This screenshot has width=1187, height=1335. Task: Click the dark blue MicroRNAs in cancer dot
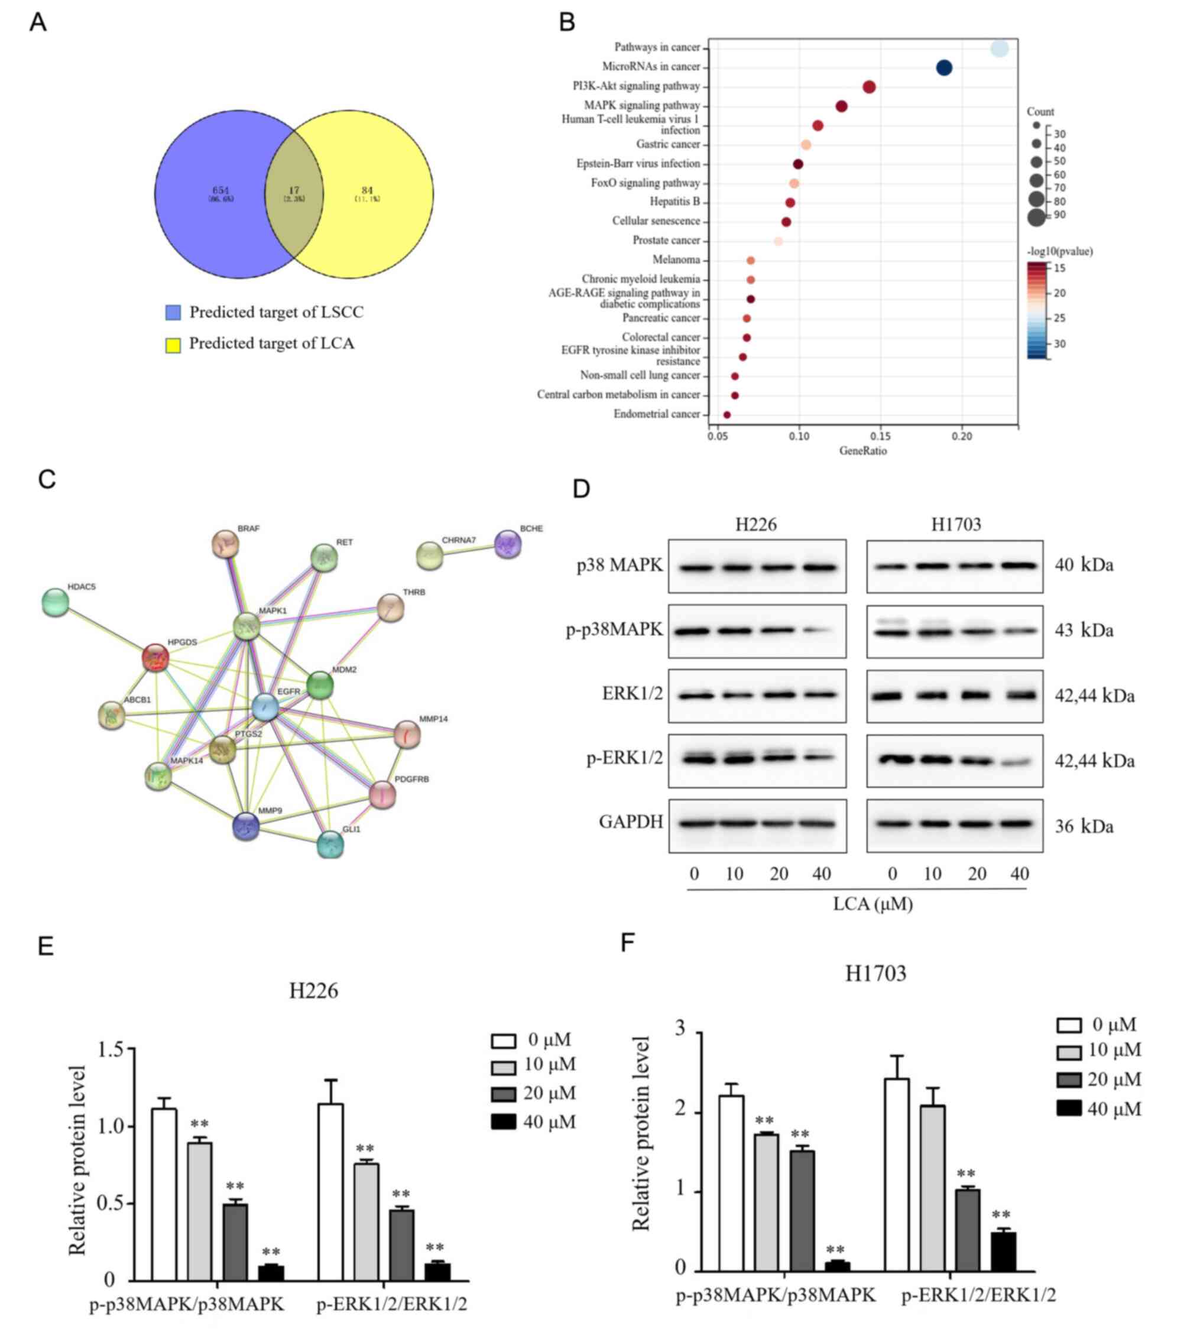[943, 67]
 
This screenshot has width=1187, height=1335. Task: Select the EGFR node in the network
[265, 707]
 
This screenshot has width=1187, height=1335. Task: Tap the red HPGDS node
[155, 657]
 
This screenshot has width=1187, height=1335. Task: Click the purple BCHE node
[508, 544]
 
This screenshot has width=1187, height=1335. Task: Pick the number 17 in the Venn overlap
[294, 191]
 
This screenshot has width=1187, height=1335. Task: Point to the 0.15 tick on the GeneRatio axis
[881, 436]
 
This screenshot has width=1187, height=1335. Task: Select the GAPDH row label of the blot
[630, 821]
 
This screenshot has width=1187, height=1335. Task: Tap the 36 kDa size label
[1084, 826]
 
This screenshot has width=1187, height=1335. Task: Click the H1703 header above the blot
[956, 524]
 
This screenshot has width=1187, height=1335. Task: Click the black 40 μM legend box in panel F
[1069, 1109]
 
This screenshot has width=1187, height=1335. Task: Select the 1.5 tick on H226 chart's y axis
[111, 1050]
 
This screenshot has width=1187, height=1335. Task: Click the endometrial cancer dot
[727, 415]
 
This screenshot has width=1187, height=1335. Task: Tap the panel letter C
[46, 479]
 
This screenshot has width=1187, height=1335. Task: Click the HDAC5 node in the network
[56, 602]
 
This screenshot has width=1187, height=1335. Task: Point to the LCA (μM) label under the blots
[873, 904]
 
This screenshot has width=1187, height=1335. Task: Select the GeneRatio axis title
[862, 451]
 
